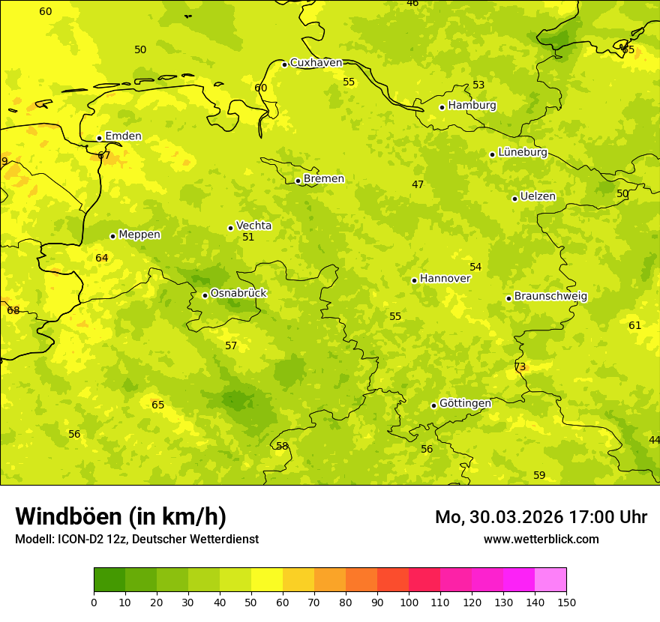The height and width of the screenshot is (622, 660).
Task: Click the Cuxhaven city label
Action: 316,63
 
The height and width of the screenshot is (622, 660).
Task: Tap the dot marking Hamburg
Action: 442,107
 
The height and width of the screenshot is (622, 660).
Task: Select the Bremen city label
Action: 323,179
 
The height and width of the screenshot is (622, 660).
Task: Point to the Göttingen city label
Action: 465,403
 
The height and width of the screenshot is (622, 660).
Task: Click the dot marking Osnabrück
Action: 205,295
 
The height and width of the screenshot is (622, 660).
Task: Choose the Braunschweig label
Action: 550,297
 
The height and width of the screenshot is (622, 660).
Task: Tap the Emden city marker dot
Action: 99,138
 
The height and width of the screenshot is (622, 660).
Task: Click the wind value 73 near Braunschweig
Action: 520,366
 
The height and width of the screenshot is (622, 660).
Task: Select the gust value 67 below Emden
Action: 103,155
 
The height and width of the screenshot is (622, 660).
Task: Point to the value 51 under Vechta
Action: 248,237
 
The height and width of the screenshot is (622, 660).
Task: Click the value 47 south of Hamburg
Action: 418,184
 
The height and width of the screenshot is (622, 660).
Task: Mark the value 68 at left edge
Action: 13,310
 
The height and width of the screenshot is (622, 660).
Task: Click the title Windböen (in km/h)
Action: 121,516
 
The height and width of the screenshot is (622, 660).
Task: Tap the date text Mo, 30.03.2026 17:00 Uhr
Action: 541,517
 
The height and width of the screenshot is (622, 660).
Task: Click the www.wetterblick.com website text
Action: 541,540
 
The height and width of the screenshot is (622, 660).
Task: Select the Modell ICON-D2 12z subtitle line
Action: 136,540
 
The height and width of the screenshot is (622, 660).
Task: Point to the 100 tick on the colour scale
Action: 409,602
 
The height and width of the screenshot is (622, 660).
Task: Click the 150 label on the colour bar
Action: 566,602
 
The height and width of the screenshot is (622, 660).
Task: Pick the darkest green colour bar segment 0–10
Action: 109,580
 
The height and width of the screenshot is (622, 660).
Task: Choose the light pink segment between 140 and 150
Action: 550,580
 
